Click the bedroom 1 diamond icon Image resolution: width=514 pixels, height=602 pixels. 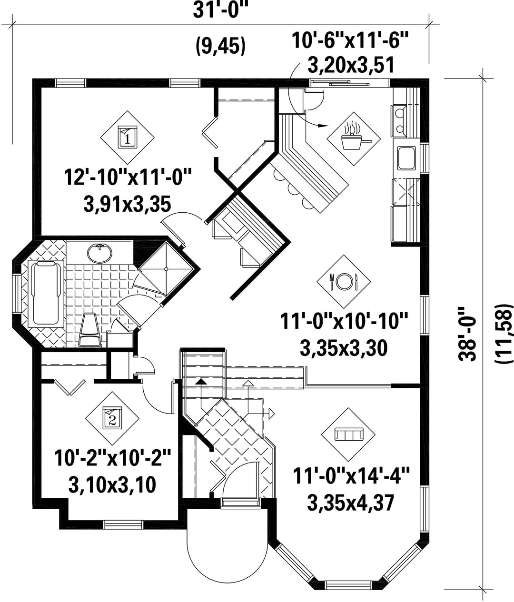(x=127, y=138)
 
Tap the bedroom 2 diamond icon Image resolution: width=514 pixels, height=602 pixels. (x=112, y=418)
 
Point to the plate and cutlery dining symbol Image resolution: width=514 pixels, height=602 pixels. (x=344, y=281)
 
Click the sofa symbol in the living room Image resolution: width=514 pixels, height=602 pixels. (x=348, y=434)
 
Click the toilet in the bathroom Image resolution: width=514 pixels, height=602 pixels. (x=90, y=330)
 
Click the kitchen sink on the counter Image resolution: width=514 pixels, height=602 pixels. (x=407, y=158)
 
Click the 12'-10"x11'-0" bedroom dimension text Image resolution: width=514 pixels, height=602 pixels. (x=128, y=178)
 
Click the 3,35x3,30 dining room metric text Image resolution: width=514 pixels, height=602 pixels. (x=344, y=349)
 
